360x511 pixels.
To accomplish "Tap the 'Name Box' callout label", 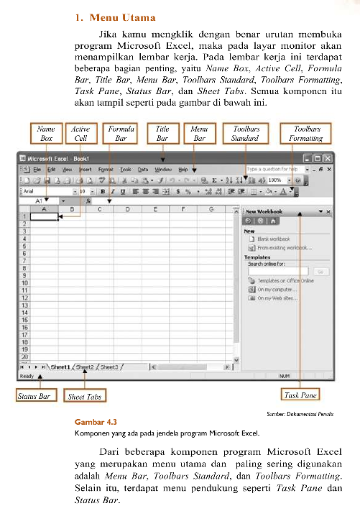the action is coord(46,134).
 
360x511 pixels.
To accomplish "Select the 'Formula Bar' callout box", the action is coord(121,134).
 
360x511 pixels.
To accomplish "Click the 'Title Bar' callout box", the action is coord(162,134).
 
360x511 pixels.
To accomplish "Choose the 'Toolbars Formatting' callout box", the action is coord(307,134).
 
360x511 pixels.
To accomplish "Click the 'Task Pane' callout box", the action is coord(300,395).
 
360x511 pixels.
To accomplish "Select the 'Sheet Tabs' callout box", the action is coord(84,396).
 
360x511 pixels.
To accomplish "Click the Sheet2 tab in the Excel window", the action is coord(85,367).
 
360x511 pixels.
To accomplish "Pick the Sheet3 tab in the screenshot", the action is coord(109,367).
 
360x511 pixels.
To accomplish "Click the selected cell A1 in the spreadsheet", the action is coord(45,217).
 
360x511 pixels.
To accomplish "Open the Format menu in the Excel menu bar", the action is coord(106,169).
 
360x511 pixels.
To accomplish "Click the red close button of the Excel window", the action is coord(327,158).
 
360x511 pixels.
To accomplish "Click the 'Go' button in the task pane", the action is coord(320,272).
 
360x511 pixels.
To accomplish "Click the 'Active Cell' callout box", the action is coord(80,134).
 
